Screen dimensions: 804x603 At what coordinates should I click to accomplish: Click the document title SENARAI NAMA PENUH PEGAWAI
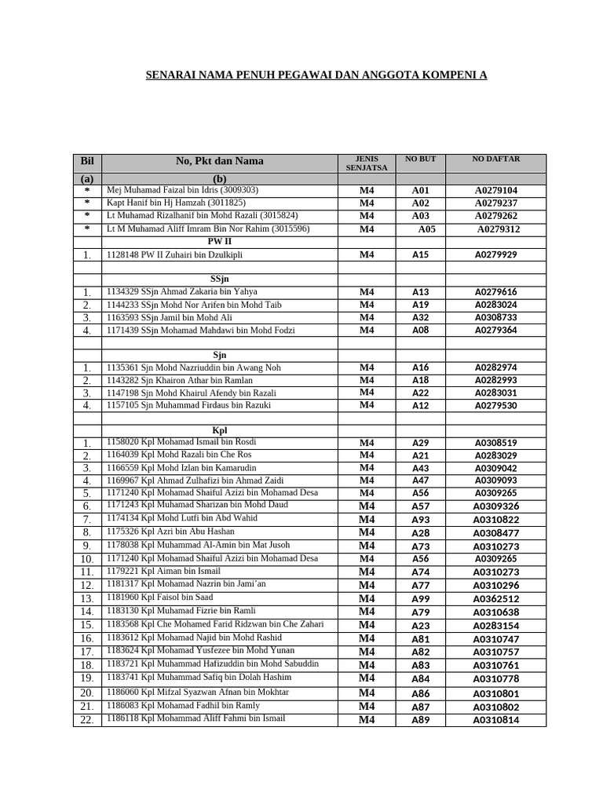tap(316, 75)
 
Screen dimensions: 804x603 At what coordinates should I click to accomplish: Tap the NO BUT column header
tap(420, 159)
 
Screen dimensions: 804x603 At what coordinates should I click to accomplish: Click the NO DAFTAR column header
tap(495, 159)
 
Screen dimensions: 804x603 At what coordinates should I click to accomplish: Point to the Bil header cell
tap(86, 161)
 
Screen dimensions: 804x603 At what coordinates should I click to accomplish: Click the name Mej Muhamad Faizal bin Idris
tap(182, 190)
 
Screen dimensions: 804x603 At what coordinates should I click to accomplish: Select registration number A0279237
tap(495, 203)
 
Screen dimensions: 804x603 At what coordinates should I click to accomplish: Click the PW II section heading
tap(219, 242)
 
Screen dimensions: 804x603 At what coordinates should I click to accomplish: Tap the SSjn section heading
tap(219, 279)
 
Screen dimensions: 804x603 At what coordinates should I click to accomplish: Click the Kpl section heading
tap(219, 430)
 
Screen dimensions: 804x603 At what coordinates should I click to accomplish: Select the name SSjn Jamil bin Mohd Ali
tap(170, 317)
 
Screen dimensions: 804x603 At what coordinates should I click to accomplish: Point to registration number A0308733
tap(495, 317)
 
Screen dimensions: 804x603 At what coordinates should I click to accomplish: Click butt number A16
tap(421, 367)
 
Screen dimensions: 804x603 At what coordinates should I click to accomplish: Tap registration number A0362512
tap(495, 598)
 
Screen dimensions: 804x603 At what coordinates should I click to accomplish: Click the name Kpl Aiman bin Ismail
tap(163, 571)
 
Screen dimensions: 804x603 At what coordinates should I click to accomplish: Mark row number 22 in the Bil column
tap(86, 720)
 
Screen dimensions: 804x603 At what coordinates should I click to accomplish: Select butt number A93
tap(421, 520)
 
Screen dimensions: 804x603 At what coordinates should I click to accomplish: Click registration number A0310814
tap(495, 720)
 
